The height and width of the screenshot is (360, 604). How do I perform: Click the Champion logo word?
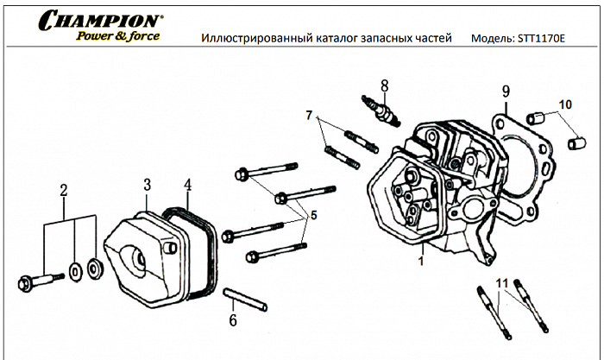point(99,20)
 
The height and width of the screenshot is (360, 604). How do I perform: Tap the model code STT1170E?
point(538,39)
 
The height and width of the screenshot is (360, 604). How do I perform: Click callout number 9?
point(506,92)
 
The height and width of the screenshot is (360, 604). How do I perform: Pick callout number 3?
point(148,185)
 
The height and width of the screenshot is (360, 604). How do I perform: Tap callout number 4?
point(187,185)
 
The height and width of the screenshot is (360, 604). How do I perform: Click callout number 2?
point(62,190)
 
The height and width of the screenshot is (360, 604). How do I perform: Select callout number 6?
point(232,321)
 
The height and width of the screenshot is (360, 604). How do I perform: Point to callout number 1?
point(420,258)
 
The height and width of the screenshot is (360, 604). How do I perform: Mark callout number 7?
point(307,115)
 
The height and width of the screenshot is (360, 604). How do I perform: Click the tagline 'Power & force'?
point(117,36)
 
